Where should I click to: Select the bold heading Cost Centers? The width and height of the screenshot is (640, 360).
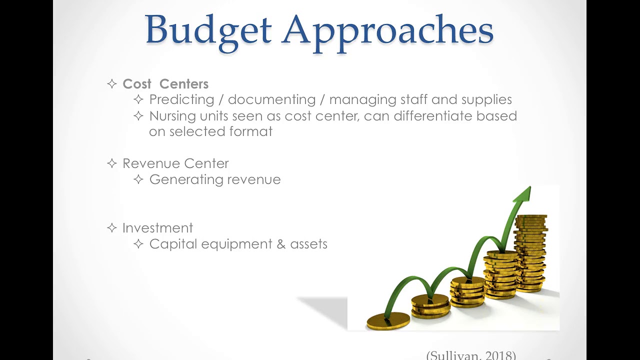(x=165, y=84)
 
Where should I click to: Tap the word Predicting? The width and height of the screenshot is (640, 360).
(x=182, y=99)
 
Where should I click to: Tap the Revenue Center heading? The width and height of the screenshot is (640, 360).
(x=175, y=163)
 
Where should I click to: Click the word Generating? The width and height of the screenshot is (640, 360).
(x=184, y=179)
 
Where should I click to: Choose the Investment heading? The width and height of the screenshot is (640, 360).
(x=157, y=228)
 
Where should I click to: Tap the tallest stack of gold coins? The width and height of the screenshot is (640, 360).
(x=530, y=252)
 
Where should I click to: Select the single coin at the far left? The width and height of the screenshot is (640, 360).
(x=388, y=320)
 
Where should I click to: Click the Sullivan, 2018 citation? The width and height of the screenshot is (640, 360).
(x=471, y=355)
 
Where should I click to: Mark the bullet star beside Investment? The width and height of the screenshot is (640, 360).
(x=112, y=228)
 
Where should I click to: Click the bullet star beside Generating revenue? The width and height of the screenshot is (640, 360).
(x=138, y=179)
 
